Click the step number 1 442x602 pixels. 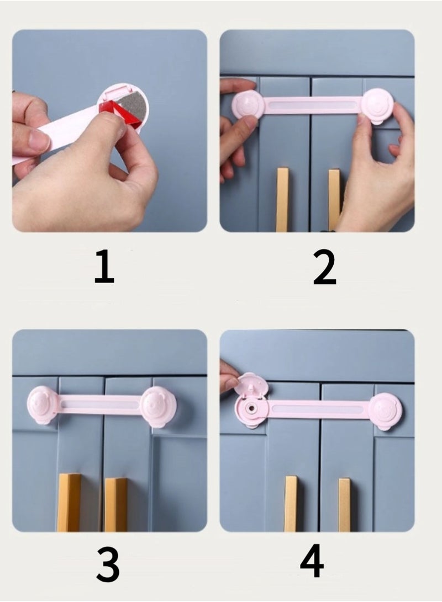104,266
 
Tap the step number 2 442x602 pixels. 324,266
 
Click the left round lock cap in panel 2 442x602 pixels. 248,105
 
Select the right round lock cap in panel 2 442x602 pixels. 378,105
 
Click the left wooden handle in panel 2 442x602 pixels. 282,199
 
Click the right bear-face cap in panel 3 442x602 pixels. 159,407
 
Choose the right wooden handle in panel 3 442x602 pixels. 116,504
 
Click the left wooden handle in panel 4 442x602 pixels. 291,503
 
